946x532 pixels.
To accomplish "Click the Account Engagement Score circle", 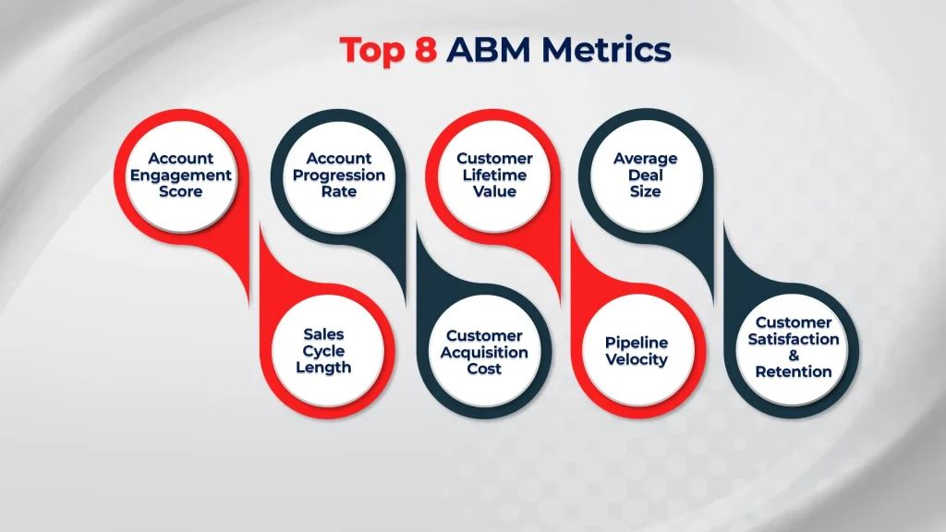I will click(x=180, y=175).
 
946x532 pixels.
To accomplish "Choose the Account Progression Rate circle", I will click(x=338, y=175).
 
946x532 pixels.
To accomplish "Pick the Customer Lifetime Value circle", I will click(x=494, y=175).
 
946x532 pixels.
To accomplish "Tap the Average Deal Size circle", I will click(x=645, y=175).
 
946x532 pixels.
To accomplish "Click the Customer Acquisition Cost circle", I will click(x=484, y=351).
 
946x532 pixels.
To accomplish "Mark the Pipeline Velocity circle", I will click(x=637, y=351).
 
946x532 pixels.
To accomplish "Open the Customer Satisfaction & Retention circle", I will click(x=794, y=347).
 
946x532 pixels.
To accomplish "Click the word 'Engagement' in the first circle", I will click(x=180, y=175).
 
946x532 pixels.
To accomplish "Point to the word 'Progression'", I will click(x=339, y=175).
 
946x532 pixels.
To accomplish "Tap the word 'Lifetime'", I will click(x=494, y=175).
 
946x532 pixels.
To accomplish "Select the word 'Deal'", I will click(x=645, y=175).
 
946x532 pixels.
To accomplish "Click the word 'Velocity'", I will click(x=637, y=359).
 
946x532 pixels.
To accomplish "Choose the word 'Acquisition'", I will click(x=484, y=352).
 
